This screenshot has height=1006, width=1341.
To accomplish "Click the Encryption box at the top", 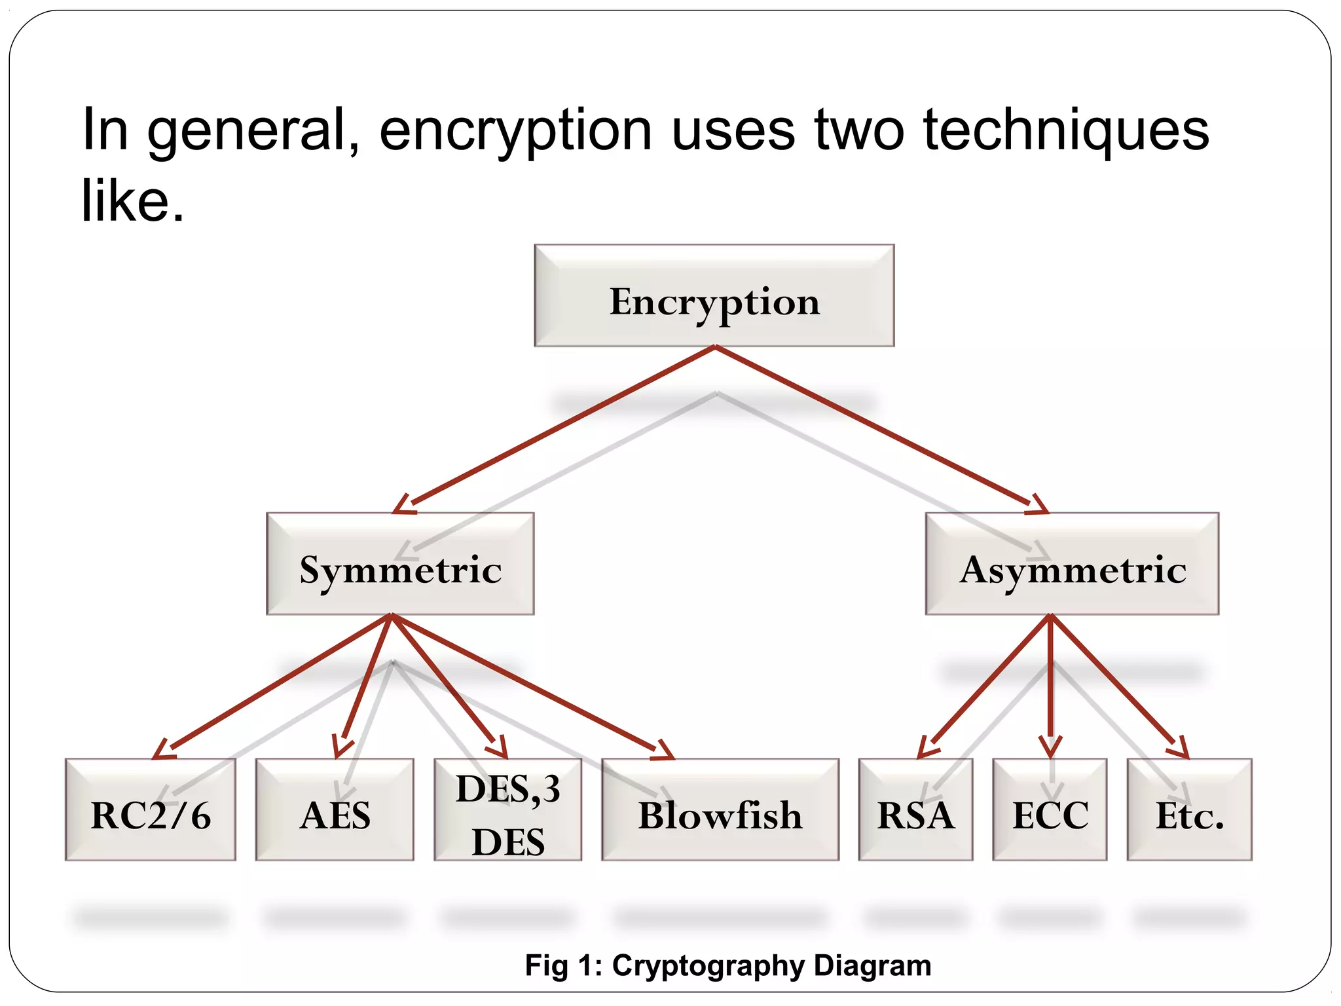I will pos(714,296).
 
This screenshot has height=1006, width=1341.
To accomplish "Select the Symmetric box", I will pos(400,564).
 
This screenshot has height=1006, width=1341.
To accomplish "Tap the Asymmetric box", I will pos(1072,564).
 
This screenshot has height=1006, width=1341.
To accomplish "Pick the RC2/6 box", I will pos(151,810).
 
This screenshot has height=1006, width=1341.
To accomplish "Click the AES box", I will pos(335,810).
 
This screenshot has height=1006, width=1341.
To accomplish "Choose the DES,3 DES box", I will pos(508,810).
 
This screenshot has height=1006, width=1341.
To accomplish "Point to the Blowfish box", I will pos(720,810).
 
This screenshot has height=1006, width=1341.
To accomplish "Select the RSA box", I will pos(915,810).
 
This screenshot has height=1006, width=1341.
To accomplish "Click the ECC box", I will pos(1050,810).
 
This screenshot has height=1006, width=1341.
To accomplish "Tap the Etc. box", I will pos(1189,810).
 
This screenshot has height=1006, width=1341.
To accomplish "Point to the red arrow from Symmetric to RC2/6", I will pos(275,684).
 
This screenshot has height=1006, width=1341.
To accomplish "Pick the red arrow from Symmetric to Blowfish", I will pos(530,684).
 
